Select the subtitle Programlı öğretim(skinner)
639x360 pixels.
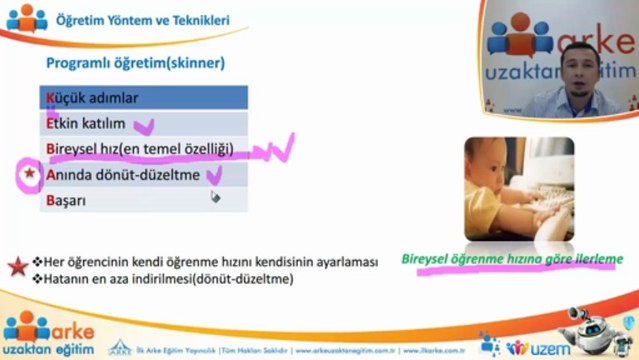pos(134,63)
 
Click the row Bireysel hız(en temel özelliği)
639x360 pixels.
pos(139,149)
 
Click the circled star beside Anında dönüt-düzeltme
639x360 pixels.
pos(28,176)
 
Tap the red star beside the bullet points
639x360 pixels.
pos(16,265)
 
